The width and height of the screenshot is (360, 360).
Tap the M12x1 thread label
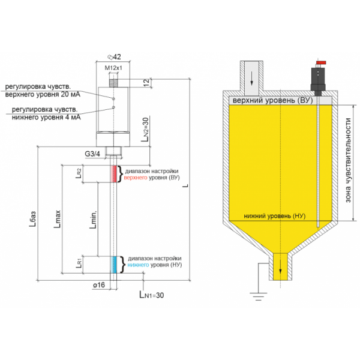pos(113,68)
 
